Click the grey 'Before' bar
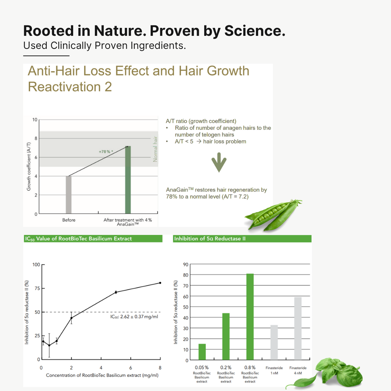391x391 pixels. pos(68,195)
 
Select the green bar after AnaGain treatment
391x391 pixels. pos(128,180)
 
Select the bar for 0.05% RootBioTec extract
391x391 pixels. pos(202,352)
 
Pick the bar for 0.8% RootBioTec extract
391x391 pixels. pos(250,317)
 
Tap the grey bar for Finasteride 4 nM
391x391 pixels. pos(298,328)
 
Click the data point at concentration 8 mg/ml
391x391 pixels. pos(160,283)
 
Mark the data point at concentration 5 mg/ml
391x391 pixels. pos(116,292)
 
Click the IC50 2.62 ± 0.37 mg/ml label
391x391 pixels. pos(134,317)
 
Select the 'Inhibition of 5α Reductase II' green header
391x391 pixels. pos(242,239)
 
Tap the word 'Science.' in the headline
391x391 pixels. pos(255,31)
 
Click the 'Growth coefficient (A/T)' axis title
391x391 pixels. pos(29,167)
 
